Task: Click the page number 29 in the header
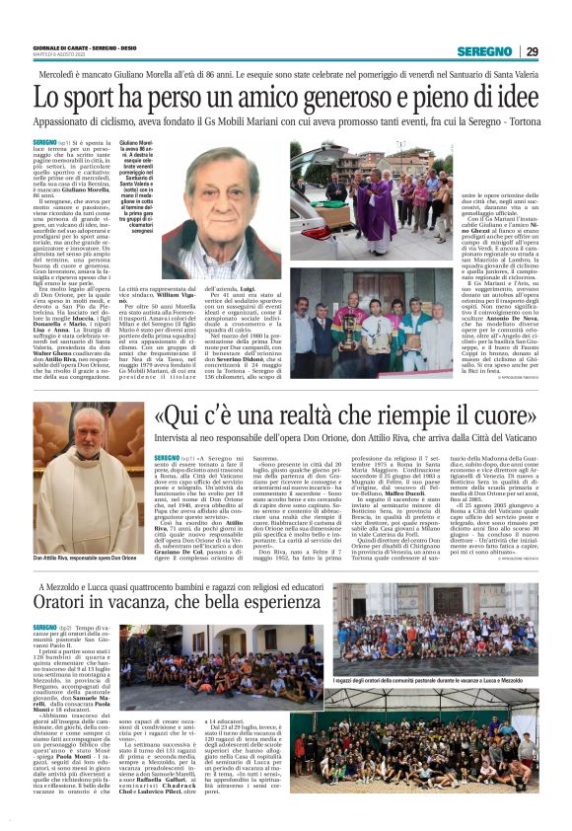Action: point(533,51)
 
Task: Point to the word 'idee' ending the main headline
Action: point(512,101)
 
